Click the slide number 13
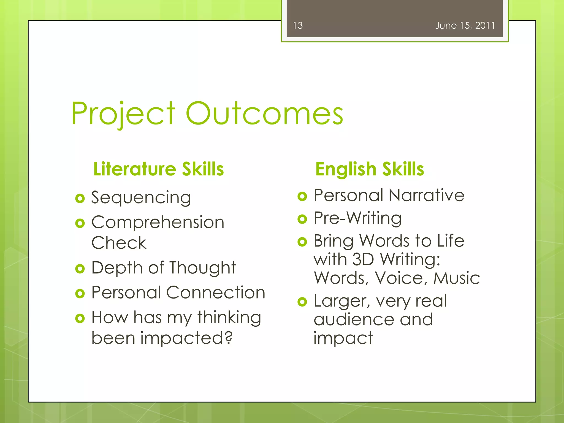tap(298, 26)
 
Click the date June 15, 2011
tap(465, 26)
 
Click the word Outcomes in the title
tap(264, 113)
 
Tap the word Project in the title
tap(123, 113)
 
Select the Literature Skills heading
tap(158, 169)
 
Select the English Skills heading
tap(369, 169)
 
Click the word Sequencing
tap(141, 198)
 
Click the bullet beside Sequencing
tap(80, 198)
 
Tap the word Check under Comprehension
tap(119, 243)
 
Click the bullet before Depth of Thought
tap(80, 269)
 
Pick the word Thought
tap(203, 268)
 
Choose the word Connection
tap(216, 292)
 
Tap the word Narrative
tap(426, 195)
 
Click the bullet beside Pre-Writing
tap(302, 219)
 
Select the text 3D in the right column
tap(363, 259)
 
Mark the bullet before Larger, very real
tap(302, 302)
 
